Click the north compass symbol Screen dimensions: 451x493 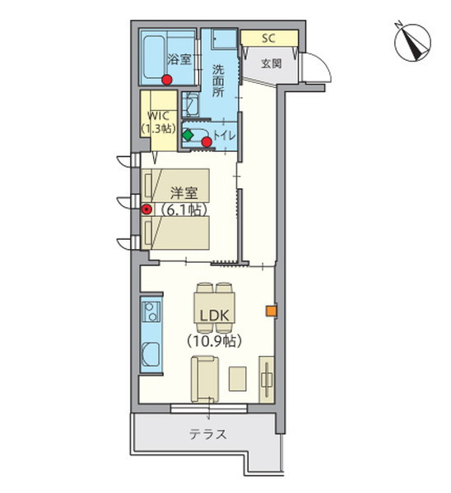412,42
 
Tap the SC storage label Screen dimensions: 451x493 268,38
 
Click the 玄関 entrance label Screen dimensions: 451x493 271,64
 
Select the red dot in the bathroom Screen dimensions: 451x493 166,80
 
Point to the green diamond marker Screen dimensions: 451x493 188,136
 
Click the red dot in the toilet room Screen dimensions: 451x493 207,142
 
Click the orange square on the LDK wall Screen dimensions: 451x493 271,311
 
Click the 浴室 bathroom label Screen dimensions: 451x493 179,59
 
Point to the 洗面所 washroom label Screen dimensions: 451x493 218,81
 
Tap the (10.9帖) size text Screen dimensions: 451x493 215,341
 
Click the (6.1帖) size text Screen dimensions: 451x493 184,210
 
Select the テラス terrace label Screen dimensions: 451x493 208,435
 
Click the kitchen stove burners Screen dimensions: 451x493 151,311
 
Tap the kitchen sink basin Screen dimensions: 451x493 151,354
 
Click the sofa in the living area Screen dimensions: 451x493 205,379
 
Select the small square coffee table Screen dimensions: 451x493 238,379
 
